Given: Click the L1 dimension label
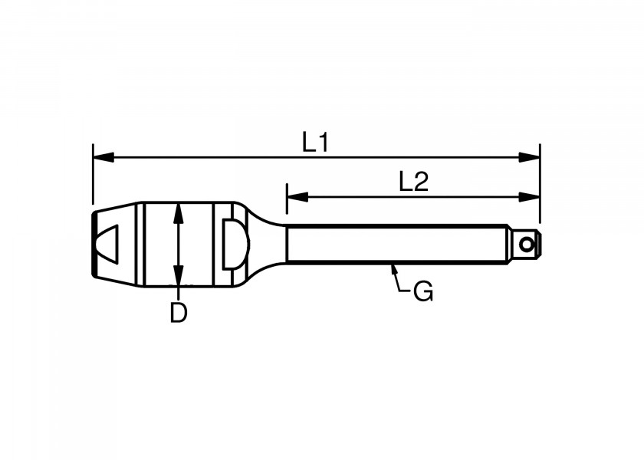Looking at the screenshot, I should pos(314,142).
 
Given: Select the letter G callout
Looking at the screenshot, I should pos(422,291).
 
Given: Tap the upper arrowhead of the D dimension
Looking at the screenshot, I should pos(178,212).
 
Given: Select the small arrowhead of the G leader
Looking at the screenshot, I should pos(394,269).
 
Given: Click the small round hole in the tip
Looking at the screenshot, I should pos(526,245).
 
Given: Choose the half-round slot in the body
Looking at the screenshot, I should pos(233,244).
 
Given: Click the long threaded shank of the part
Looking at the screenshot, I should pos(395,245).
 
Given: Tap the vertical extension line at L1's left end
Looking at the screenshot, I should pos(93,176).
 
